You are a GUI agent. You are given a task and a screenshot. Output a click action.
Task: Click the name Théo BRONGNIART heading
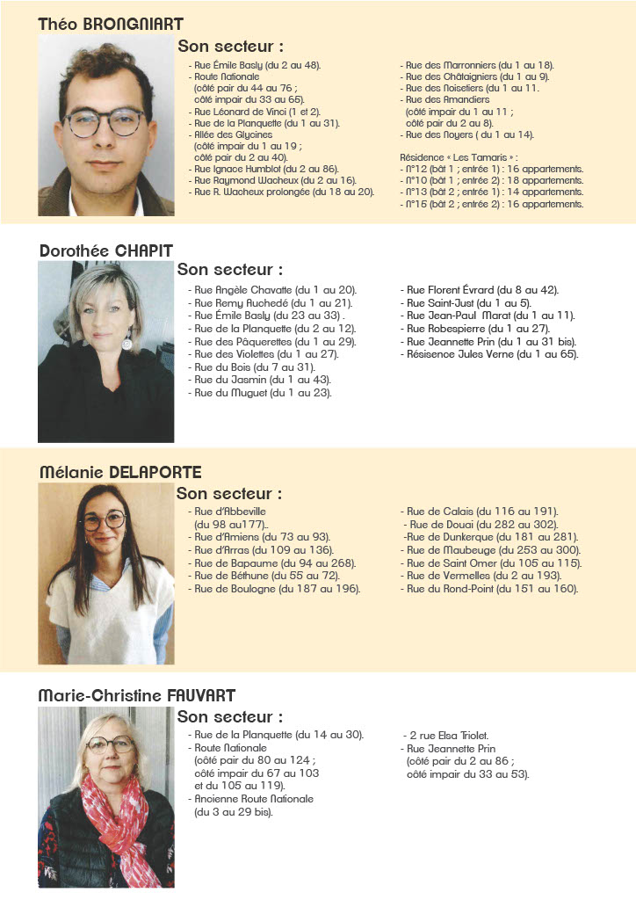[111, 24]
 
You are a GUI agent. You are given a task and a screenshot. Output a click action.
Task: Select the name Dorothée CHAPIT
[106, 250]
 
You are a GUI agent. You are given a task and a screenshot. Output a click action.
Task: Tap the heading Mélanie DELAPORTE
[120, 472]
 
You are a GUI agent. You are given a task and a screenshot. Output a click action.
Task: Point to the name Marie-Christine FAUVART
[136, 695]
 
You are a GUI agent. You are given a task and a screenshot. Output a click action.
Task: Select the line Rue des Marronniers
[478, 65]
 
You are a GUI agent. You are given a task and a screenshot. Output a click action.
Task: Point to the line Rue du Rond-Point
[489, 589]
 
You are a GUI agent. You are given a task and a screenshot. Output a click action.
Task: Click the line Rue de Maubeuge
[491, 550]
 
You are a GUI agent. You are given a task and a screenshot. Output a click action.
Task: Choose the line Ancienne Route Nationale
[253, 799]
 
